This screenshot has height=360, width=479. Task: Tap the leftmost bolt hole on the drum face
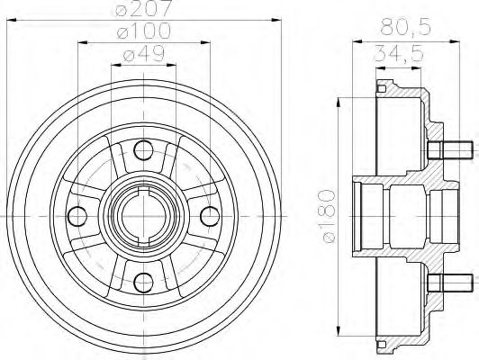(77, 215)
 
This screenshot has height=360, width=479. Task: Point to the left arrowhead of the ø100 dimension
(83, 41)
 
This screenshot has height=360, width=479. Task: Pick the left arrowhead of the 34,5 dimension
(376, 64)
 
